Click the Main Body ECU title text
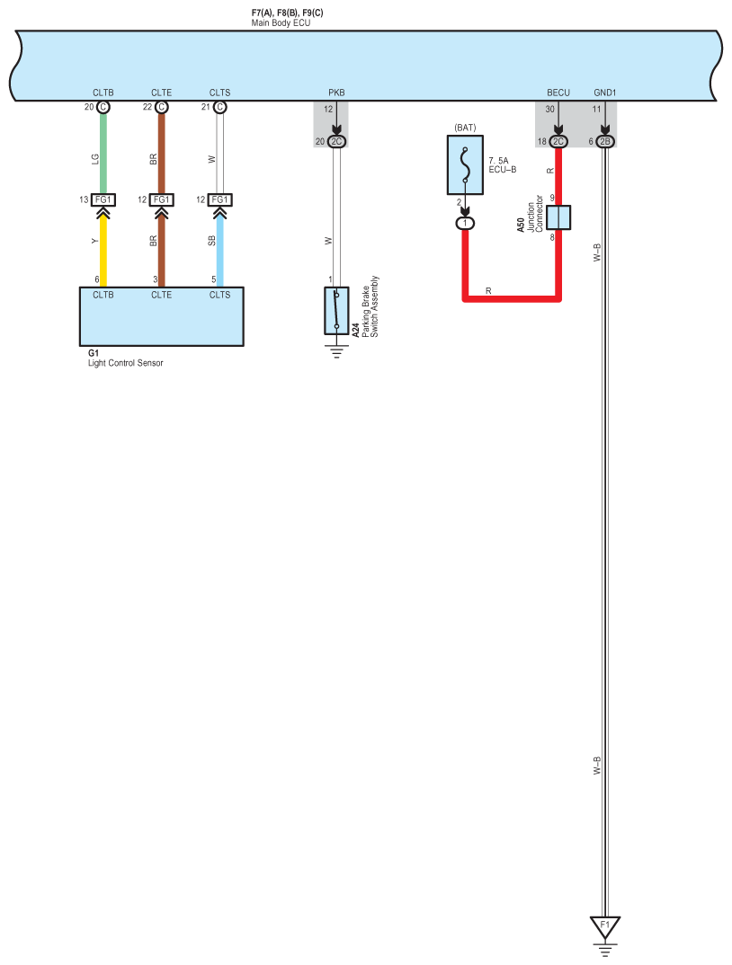(281, 22)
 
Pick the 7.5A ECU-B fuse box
(471, 164)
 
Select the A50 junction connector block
(558, 218)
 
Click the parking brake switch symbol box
(336, 311)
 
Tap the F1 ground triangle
(604, 925)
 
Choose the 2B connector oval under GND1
(605, 142)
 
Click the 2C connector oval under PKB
(337, 142)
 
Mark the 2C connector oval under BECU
(558, 142)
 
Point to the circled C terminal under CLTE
(162, 107)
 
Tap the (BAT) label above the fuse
(465, 127)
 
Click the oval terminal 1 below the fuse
(465, 222)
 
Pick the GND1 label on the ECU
(605, 93)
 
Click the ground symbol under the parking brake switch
(336, 351)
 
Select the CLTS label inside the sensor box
(220, 295)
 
